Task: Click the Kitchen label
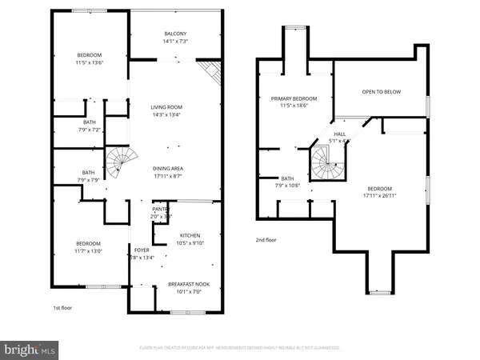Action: click(x=189, y=235)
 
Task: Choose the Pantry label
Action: click(x=161, y=210)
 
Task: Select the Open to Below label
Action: click(x=381, y=92)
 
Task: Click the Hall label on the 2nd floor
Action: click(x=339, y=134)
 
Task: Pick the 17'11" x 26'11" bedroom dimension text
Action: click(x=379, y=194)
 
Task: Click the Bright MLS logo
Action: click(x=30, y=349)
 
